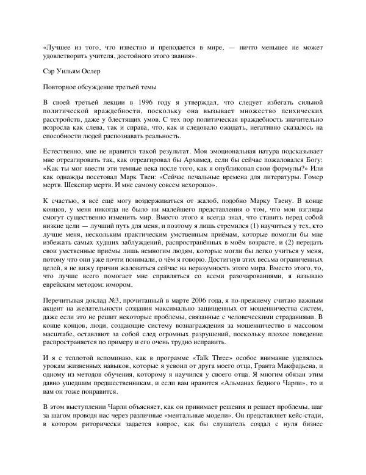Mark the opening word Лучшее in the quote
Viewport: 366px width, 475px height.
coord(61,45)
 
